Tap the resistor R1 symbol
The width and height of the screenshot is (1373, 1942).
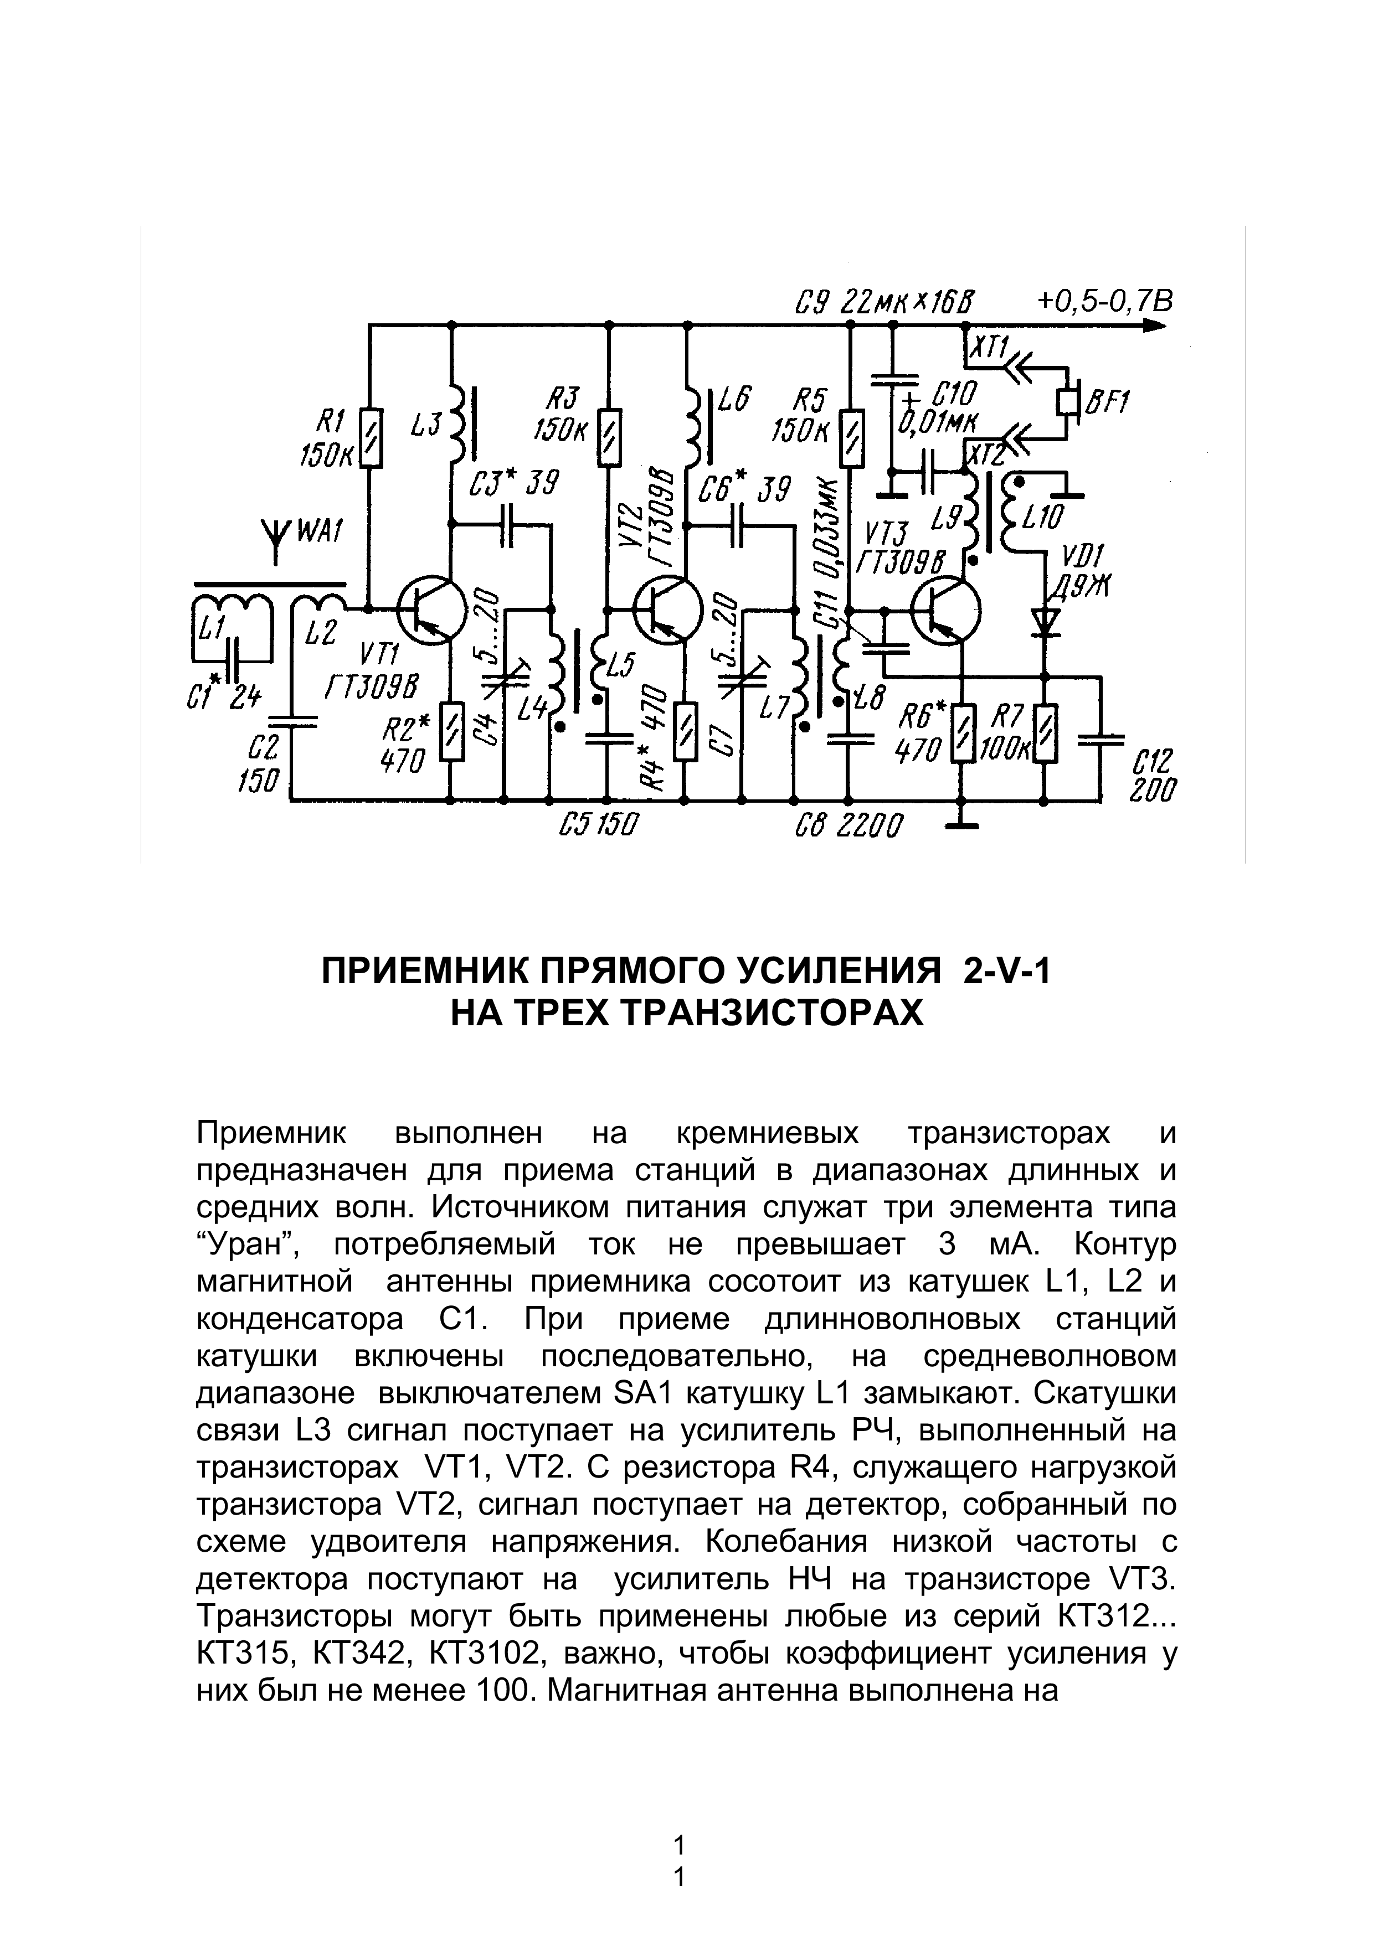[x=369, y=437]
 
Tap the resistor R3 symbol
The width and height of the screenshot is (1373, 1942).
[x=608, y=437]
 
